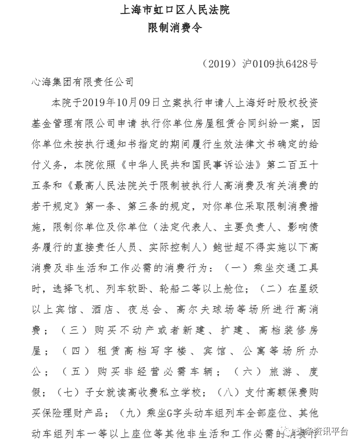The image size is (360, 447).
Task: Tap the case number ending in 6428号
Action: pos(261,64)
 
